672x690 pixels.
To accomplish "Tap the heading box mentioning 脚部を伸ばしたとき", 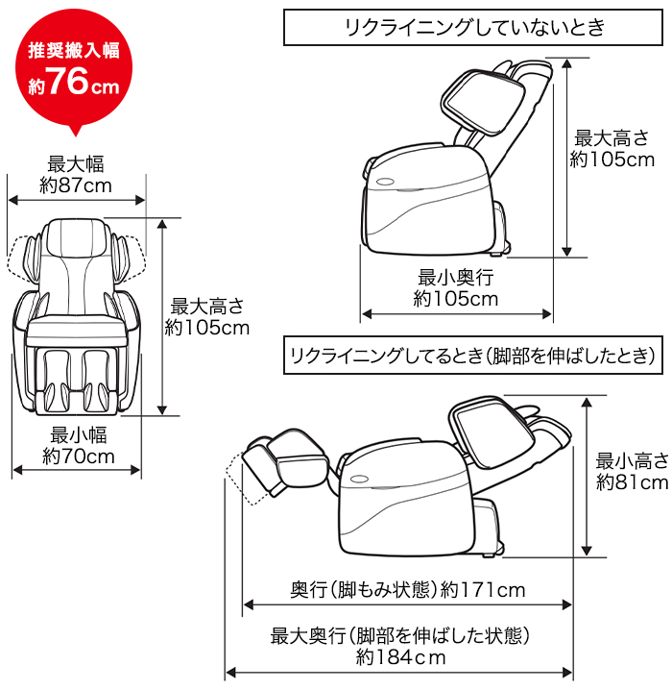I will click(471, 357).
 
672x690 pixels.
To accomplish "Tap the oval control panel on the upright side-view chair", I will click(387, 181).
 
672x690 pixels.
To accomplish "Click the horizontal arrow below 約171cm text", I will click(408, 604).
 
